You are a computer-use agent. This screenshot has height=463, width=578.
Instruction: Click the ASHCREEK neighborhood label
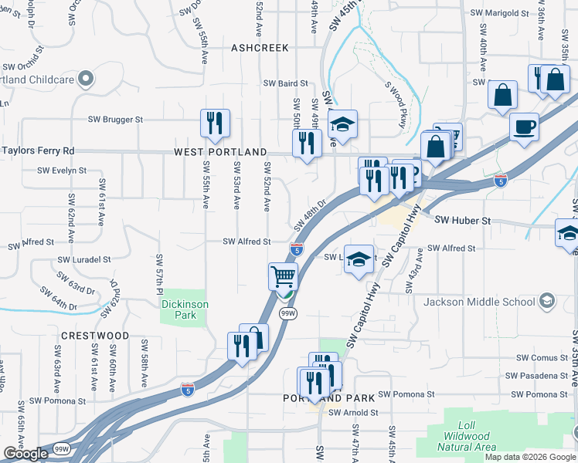click(x=260, y=48)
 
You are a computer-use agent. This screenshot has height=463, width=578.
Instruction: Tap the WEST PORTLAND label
click(x=220, y=152)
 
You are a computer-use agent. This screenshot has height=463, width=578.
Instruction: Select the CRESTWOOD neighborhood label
click(x=95, y=336)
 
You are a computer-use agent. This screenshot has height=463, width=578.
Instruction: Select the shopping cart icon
click(x=284, y=275)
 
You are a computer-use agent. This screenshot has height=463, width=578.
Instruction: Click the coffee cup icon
click(x=524, y=126)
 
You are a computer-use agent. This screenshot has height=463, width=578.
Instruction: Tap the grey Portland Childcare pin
click(x=86, y=79)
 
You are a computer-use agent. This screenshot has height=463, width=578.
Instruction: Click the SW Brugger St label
click(x=116, y=120)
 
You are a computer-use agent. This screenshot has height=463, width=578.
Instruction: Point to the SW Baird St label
click(x=285, y=83)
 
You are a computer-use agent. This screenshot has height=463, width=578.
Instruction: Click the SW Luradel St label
click(x=83, y=260)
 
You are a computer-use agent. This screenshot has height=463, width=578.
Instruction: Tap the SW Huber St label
click(x=463, y=221)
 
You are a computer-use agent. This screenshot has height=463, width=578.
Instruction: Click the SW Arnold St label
click(x=353, y=413)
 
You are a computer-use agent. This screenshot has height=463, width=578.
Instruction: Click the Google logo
click(x=25, y=454)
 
